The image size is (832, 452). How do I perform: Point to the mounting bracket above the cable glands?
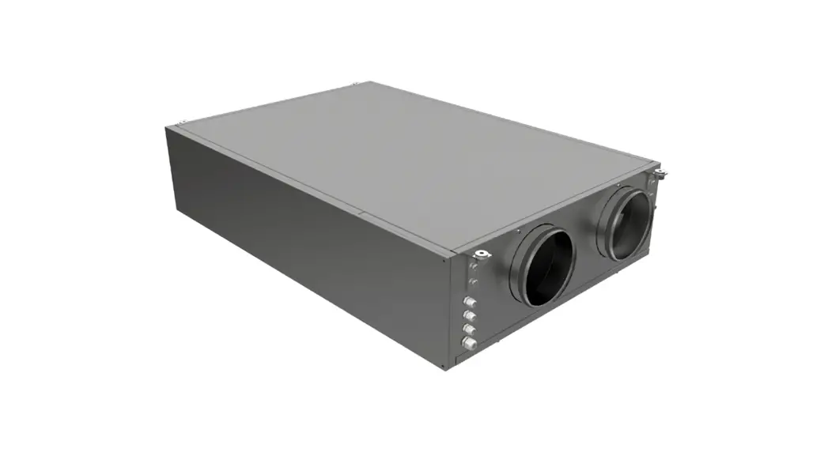click(x=481, y=254)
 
